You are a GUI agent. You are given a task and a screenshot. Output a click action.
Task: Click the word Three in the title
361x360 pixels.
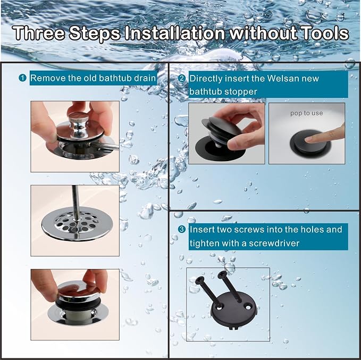(39, 33)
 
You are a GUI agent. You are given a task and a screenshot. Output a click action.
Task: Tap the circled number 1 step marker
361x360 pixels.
(22, 78)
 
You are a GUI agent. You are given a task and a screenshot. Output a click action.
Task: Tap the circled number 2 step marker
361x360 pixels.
(182, 79)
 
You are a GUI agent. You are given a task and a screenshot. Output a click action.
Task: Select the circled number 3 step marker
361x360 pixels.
(182, 229)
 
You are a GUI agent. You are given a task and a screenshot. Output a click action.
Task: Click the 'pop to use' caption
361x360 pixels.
(306, 113)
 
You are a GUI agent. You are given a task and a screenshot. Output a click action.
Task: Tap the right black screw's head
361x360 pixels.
(222, 274)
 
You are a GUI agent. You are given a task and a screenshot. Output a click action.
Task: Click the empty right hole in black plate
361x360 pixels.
(248, 307)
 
